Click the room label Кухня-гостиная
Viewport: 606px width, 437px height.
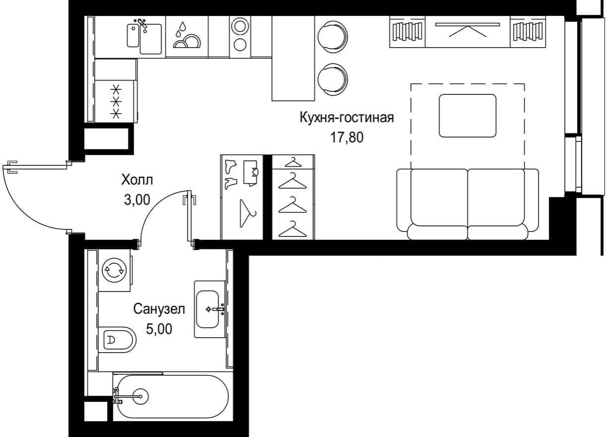pos(347,118)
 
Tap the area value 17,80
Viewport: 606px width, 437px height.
pos(347,138)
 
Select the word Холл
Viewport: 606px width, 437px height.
pos(137,180)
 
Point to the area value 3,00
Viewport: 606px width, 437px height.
pos(137,200)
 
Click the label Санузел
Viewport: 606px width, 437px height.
pos(159,309)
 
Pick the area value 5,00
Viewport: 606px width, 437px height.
pos(159,329)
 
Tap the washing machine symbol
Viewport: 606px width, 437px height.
pos(114,270)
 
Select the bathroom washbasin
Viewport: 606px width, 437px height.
pos(210,309)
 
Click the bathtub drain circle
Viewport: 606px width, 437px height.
pos(141,396)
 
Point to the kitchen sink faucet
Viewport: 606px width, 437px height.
pos(142,23)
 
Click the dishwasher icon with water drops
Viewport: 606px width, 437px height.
pos(187,37)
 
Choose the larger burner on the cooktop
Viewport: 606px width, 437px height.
pos(240,26)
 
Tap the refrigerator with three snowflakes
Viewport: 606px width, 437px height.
pos(116,101)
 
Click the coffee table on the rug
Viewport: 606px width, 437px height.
pos(467,116)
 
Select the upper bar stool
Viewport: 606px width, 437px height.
pos(332,36)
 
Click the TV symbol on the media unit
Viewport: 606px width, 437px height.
pos(467,29)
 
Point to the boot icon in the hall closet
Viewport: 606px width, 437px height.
pos(230,166)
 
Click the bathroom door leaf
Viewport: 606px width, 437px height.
pos(189,216)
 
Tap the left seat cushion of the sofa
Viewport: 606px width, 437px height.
pos(439,197)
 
